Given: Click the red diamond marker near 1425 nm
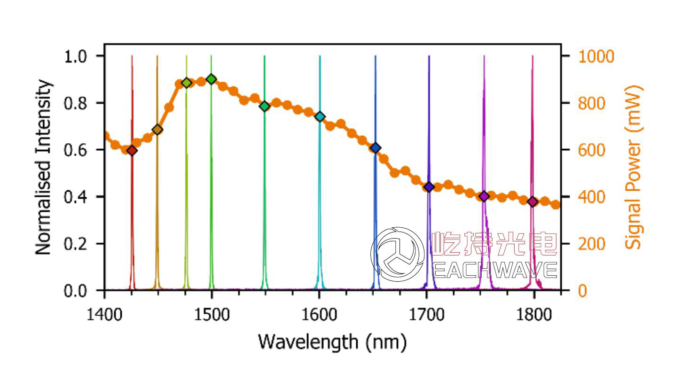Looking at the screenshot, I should (x=132, y=150).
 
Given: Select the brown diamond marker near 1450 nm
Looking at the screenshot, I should (x=157, y=130).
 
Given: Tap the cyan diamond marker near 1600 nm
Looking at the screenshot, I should (x=320, y=116).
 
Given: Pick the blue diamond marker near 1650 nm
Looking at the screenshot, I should (x=375, y=148).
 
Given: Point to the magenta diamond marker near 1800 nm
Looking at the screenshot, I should (x=532, y=202).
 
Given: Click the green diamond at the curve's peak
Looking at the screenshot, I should (x=211, y=79).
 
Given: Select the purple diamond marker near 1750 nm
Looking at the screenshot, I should (x=484, y=196).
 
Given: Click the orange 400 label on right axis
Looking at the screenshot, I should (x=591, y=197).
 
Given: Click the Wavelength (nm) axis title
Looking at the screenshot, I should (x=332, y=341).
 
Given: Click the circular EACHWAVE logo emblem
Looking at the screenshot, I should (x=398, y=255).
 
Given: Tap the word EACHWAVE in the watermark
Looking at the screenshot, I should (x=493, y=270).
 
